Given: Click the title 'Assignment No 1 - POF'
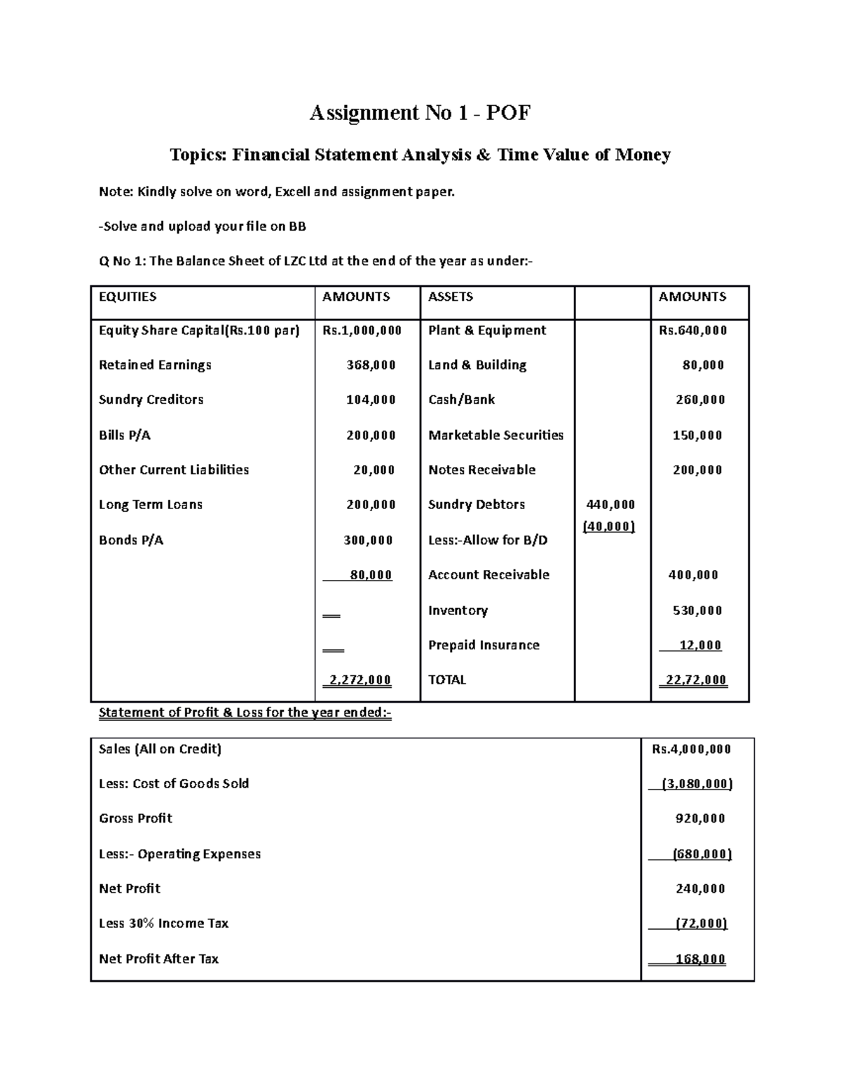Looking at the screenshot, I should [x=420, y=113].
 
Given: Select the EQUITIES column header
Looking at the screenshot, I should [x=128, y=297].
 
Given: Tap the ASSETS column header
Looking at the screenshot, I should [x=451, y=297].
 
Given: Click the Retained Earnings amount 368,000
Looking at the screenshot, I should [x=371, y=365].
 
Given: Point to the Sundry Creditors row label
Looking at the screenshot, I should [x=151, y=400].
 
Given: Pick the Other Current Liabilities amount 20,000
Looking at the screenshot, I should [x=374, y=470].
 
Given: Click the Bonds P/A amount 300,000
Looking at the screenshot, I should [x=368, y=540].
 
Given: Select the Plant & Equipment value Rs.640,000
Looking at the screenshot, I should [x=692, y=330].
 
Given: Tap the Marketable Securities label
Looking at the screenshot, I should [x=495, y=435].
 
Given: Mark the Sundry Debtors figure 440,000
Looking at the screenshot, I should [x=610, y=504].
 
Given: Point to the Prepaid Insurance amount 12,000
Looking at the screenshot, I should [x=700, y=645].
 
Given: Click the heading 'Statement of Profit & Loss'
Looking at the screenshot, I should [x=245, y=713].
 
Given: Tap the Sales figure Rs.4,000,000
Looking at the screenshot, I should [x=691, y=749].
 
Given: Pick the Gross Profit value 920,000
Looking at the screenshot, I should [x=700, y=818].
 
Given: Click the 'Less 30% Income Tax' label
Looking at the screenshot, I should [x=164, y=924].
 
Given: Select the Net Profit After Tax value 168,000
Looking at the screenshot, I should [x=700, y=959].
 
